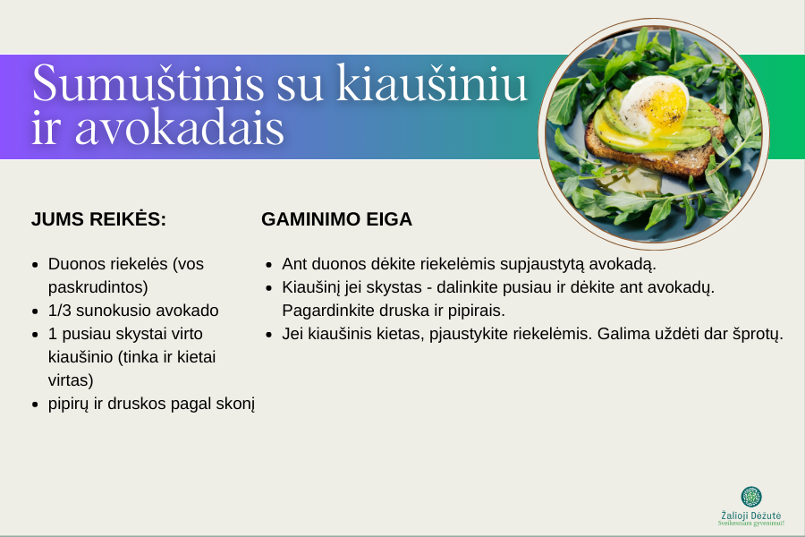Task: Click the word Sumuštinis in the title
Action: [x=148, y=82]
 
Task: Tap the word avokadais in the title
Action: [x=179, y=126]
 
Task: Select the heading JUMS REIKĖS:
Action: [x=98, y=219]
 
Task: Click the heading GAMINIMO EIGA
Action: [x=337, y=219]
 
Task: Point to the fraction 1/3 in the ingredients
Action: [x=60, y=311]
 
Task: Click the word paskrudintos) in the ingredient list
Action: [x=98, y=287]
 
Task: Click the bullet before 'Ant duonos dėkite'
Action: [x=268, y=265]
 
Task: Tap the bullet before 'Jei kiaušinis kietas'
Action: [x=268, y=335]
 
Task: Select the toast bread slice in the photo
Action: [x=657, y=149]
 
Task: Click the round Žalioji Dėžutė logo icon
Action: [x=751, y=497]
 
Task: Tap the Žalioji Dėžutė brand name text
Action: [x=751, y=516]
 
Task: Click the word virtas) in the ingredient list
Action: [x=71, y=380]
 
